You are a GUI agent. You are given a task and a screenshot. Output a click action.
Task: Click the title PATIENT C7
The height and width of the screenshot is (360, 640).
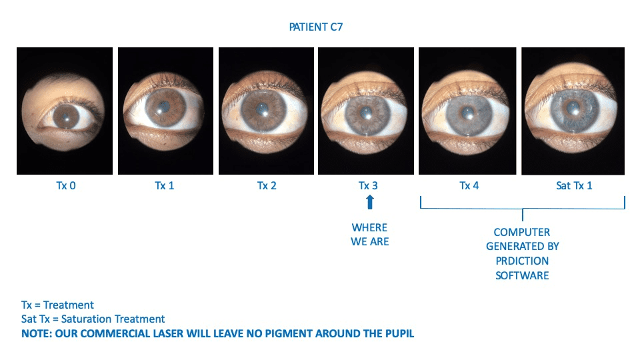[x=316, y=27]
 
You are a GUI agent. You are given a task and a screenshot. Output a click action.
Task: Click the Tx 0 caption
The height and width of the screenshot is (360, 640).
[x=66, y=186]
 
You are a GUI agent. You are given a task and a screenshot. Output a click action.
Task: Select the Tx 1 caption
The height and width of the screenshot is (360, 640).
[x=165, y=186]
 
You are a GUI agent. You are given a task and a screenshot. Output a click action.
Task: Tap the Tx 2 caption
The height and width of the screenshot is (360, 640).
[x=267, y=186]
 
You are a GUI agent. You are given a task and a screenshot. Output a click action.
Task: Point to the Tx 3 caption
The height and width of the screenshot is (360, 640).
[x=368, y=186]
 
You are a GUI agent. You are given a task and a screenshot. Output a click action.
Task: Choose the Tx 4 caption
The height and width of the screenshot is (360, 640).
[x=469, y=186]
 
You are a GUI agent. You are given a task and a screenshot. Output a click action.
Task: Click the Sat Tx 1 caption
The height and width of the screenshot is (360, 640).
[x=574, y=186]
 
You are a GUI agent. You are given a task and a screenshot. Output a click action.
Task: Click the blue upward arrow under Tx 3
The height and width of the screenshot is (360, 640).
[x=370, y=201]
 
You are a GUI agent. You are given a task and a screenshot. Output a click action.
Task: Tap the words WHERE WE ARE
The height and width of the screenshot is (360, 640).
[x=370, y=235]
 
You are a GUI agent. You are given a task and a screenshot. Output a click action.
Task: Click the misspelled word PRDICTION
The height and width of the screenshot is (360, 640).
[x=522, y=261]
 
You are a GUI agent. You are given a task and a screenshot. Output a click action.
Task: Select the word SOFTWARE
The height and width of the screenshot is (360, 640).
[x=522, y=275]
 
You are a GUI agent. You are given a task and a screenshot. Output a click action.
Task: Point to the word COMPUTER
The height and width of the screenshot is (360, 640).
[x=522, y=232]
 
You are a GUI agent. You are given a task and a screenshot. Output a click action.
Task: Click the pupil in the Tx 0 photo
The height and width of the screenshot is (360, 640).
[x=66, y=117]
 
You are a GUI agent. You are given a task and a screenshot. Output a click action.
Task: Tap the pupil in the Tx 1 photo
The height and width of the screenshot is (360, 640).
[x=163, y=107]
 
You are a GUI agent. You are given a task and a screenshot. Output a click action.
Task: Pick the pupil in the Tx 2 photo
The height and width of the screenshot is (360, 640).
[x=261, y=109]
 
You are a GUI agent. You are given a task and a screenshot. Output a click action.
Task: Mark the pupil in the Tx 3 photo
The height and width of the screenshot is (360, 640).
[x=366, y=112]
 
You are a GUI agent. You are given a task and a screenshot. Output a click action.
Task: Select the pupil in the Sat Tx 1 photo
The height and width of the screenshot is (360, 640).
[x=573, y=108]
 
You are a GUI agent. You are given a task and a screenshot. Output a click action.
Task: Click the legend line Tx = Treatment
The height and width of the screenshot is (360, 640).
[x=57, y=305]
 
